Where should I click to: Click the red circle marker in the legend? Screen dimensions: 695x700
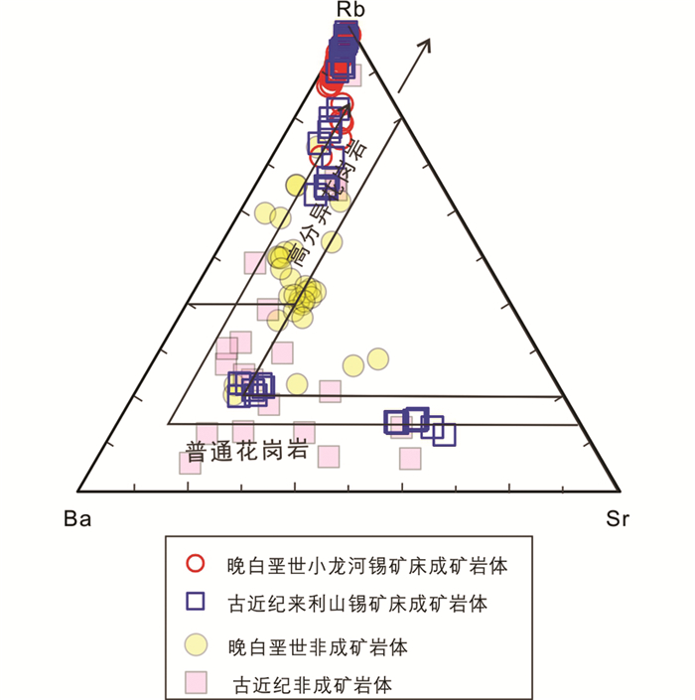pos(196,564)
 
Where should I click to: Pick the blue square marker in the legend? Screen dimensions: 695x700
pos(196,602)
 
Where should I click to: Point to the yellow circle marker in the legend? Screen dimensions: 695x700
pos(196,643)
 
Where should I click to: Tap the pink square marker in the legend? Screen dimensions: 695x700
pos(196,683)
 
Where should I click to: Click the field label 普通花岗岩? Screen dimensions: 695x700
pos(244,449)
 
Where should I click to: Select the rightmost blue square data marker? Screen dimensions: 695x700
pos(444,434)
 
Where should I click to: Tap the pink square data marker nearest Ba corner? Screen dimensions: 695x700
pos(190,462)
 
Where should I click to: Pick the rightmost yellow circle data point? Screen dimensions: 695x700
pos(376,358)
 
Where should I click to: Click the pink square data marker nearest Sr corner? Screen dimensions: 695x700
pos(410,458)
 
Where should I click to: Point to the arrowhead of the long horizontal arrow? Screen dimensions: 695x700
pos(562,398)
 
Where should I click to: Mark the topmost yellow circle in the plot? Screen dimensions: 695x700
pos(295,184)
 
